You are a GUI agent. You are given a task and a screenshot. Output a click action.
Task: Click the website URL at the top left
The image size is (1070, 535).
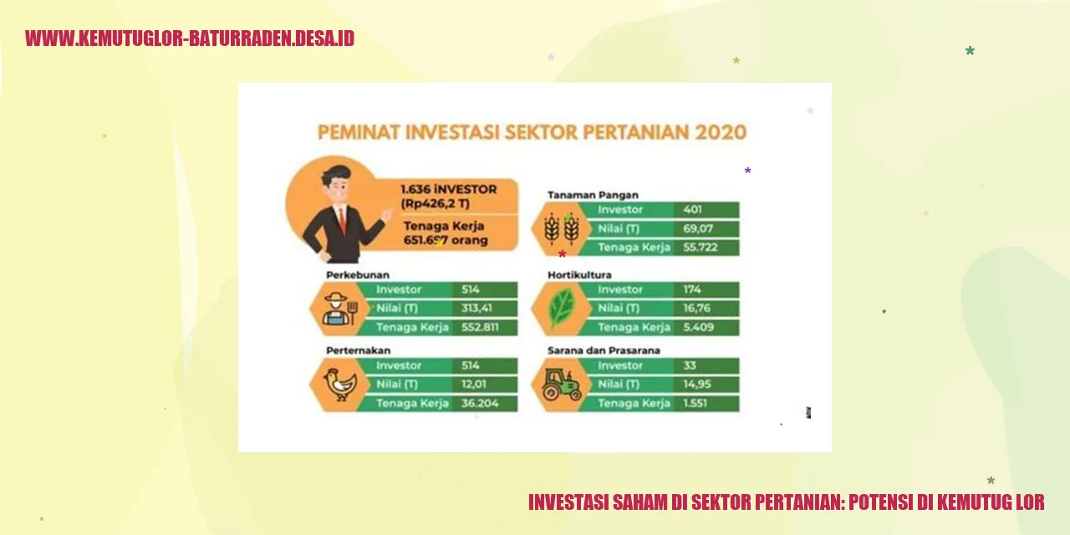tap(190, 38)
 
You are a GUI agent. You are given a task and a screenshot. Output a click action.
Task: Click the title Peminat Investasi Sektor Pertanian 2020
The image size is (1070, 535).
tap(532, 132)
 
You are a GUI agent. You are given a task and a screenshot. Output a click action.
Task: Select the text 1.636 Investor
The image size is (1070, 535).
tap(448, 189)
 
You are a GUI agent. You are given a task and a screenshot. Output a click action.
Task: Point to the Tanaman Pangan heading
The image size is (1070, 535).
tap(593, 195)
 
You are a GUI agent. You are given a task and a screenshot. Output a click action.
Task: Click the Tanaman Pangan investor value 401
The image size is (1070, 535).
tap(692, 210)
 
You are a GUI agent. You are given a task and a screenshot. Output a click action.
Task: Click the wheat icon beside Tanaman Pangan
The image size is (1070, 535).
tap(561, 228)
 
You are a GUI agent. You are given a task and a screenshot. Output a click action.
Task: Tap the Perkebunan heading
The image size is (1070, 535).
tap(358, 274)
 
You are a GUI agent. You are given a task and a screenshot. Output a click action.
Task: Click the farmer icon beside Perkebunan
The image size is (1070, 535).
tap(339, 308)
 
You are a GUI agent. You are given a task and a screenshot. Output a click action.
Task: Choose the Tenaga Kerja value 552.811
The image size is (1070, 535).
tap(480, 327)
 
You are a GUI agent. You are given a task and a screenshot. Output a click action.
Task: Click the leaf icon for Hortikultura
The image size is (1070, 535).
tap(561, 308)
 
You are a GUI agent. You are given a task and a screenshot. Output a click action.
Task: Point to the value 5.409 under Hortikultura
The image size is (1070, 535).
tap(698, 327)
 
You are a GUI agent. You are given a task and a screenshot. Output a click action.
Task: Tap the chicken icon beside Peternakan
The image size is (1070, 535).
tap(339, 385)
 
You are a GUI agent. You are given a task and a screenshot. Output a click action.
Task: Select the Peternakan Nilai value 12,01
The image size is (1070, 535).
tap(474, 385)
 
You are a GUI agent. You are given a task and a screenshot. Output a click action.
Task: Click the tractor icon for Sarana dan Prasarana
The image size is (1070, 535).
tap(561, 385)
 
